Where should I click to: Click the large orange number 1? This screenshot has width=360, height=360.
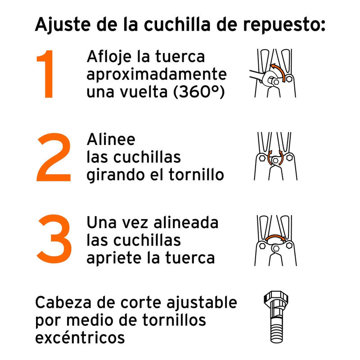click(47, 74)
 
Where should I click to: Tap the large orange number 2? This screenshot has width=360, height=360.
click(54, 157)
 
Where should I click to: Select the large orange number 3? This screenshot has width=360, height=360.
click(54, 238)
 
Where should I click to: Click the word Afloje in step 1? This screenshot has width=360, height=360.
click(109, 57)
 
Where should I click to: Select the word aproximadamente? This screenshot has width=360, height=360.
click(157, 75)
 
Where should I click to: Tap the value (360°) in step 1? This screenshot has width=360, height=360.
click(199, 92)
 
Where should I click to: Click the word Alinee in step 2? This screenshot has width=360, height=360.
click(111, 139)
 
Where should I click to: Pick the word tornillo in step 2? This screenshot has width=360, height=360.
click(196, 175)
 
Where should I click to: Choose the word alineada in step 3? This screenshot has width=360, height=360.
click(186, 222)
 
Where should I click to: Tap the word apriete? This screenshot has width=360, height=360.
click(114, 259)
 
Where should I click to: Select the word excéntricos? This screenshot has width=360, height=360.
click(80, 337)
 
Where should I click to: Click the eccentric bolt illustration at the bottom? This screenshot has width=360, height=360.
click(276, 317)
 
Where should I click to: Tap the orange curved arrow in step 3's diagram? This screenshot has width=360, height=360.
click(275, 237)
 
